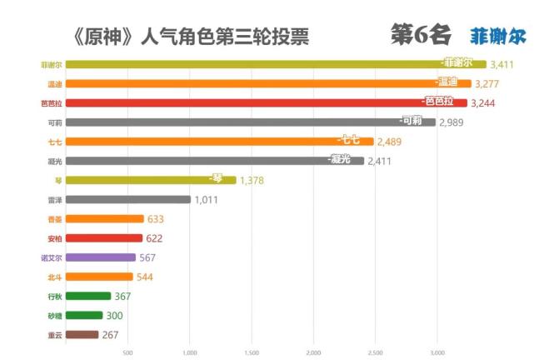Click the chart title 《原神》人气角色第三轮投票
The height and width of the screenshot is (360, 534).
pos(191,37)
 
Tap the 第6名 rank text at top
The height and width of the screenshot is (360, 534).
pos(421,34)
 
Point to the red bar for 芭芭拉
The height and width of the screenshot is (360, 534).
pos(266,102)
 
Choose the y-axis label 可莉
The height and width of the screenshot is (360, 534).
pos(54,122)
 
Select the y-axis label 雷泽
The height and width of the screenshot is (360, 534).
pos(54,200)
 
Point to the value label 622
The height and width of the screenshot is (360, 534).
pos(154,238)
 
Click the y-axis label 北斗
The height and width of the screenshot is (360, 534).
pos(54,277)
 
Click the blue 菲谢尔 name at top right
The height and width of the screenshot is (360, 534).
pos(497,36)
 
